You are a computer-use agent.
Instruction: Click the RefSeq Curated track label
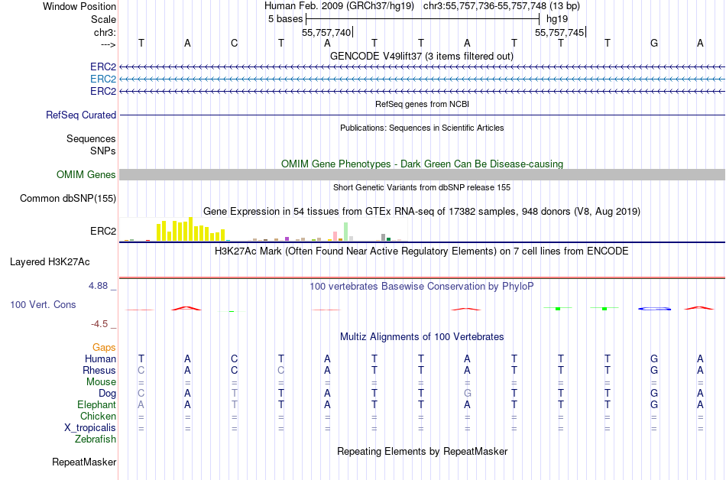81,115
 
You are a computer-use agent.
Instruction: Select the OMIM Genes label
86,175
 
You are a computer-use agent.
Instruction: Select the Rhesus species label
99,371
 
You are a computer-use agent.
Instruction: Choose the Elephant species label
96,405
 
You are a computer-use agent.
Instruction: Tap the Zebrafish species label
96,439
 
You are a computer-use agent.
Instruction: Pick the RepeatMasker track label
84,462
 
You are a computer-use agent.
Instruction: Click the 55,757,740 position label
326,32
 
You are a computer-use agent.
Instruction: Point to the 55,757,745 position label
559,32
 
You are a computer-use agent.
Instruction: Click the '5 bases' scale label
285,18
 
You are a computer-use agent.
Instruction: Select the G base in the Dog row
467,394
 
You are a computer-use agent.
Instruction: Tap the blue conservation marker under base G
654,308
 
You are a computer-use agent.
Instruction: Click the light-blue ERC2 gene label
103,79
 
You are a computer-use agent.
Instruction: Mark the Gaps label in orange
104,348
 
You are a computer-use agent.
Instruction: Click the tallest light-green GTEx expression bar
346,232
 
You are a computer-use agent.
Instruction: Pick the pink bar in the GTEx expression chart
335,235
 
